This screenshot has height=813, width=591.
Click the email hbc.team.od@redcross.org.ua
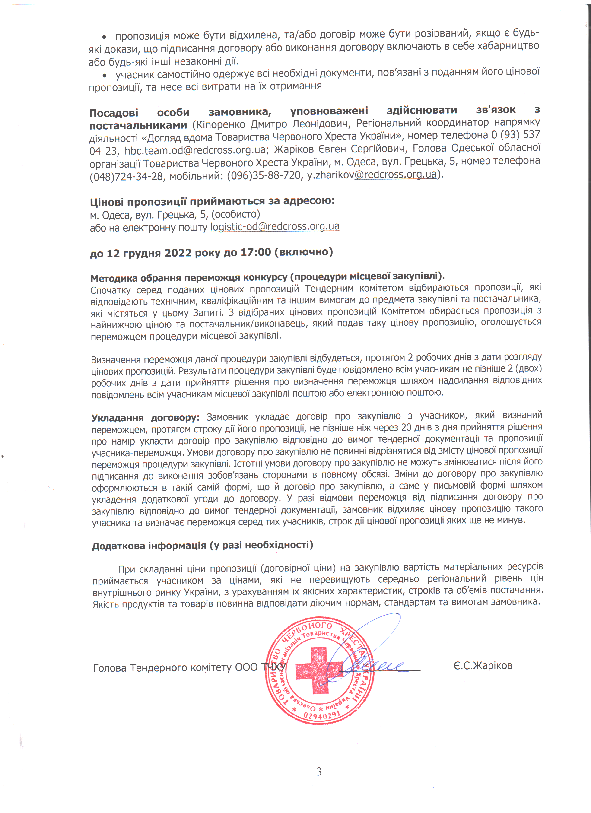(195, 150)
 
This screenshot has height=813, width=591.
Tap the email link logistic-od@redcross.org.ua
(275, 227)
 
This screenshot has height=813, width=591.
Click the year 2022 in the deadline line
(178, 253)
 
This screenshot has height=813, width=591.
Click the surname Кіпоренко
(221, 124)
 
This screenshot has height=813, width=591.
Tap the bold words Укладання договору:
(145, 418)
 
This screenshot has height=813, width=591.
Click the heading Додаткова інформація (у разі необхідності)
(203, 546)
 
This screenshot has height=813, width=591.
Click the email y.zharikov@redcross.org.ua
(372, 175)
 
